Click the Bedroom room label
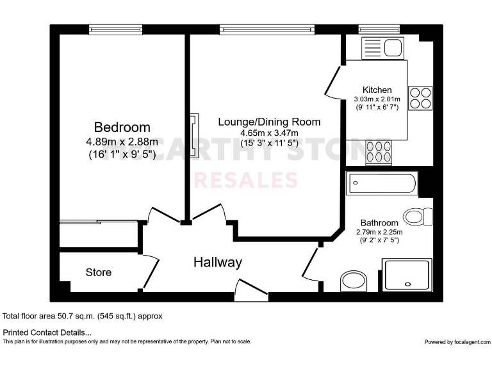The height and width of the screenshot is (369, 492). tap(122, 127)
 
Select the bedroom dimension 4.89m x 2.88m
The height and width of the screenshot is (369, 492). tap(122, 142)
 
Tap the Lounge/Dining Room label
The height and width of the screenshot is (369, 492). tap(269, 122)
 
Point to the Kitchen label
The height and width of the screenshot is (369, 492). tap(377, 90)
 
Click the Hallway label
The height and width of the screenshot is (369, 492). tap(218, 262)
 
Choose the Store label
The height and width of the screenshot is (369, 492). tap(99, 272)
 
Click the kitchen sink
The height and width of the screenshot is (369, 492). tap(382, 48)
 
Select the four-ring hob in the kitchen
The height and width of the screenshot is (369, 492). tap(420, 97)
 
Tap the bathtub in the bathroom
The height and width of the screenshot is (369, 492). tap(381, 184)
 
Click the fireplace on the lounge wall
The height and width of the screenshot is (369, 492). tap(193, 131)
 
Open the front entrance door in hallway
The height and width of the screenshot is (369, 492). tap(252, 289)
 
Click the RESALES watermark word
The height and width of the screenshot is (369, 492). tap(245, 180)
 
